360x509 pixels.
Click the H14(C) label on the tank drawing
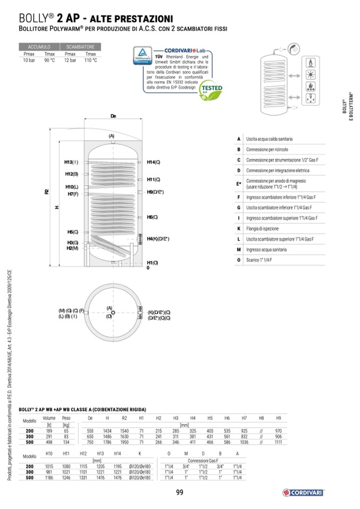pos(153,162)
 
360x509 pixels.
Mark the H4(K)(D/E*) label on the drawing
pos(158,239)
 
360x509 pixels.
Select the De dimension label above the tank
pos(113,116)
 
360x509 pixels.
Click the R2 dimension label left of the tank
pos(47,192)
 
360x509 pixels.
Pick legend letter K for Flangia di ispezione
pos(239,229)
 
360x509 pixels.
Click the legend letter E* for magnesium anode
pos(239,184)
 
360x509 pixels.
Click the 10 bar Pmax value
pos(29,61)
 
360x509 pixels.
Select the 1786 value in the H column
pos(107,442)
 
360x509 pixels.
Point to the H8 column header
pos(261,419)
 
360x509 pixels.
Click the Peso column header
pos(66,419)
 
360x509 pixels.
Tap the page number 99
pos(179,493)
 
